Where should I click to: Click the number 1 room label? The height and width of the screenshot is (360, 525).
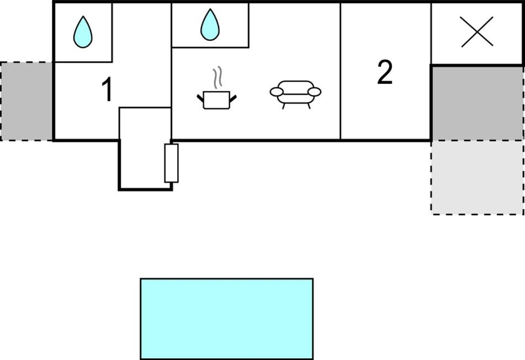(108, 91)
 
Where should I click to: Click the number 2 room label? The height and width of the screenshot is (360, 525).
(385, 73)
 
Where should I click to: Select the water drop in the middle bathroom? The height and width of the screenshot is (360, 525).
(210, 25)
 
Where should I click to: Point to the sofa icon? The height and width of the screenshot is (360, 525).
(295, 92)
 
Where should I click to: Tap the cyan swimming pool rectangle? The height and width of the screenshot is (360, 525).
(226, 319)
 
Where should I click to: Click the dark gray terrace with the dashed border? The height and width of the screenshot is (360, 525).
(26, 101)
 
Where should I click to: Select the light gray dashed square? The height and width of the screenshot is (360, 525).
(477, 177)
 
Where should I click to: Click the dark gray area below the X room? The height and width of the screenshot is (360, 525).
(477, 103)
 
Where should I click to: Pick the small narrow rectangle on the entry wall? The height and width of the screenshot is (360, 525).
(172, 163)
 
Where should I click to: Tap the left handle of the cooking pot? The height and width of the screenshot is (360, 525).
(200, 98)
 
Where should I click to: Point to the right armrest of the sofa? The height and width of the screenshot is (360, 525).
(314, 91)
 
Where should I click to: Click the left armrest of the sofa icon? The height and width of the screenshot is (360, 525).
(277, 92)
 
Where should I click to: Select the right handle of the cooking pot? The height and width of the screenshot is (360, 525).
(233, 98)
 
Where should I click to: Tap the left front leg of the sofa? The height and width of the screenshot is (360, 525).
(284, 106)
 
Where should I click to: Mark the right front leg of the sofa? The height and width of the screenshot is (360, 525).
(309, 106)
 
